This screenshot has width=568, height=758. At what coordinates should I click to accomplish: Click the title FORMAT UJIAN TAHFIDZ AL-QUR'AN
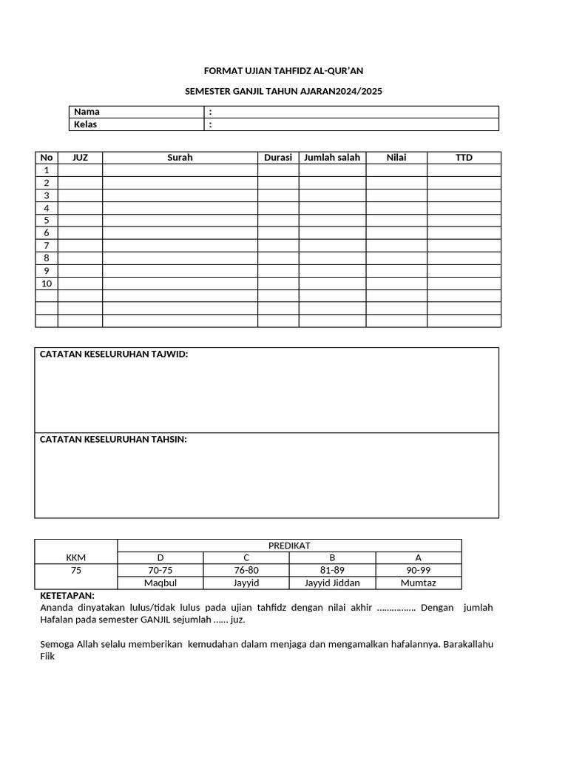(x=283, y=71)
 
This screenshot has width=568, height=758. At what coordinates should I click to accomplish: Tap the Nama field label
(x=87, y=112)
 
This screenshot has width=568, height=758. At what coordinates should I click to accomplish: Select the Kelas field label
(x=86, y=124)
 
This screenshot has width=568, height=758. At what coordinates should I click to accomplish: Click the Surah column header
(x=180, y=158)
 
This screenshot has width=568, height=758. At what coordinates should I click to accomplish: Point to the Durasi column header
(x=278, y=158)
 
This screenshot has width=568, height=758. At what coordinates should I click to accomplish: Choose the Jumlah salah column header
(x=332, y=158)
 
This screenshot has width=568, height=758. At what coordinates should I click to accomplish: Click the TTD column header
(x=464, y=158)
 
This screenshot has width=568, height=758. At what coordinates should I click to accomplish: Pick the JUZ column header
(x=80, y=158)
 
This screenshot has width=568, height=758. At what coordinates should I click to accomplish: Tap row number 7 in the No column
(x=47, y=245)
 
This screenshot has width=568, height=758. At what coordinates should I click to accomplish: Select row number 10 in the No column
(x=47, y=283)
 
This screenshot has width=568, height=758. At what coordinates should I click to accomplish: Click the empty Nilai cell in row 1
(x=396, y=170)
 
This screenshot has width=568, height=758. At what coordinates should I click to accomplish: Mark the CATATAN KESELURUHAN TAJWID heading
(x=114, y=355)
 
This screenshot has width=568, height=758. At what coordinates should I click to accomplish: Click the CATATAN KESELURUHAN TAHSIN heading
(x=113, y=440)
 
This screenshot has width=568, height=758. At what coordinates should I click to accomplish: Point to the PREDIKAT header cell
(x=289, y=546)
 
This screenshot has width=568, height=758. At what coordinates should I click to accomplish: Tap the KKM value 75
(x=76, y=571)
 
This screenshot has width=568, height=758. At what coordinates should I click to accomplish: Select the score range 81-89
(x=332, y=571)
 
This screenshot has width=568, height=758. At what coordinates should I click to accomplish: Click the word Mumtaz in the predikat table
(x=419, y=583)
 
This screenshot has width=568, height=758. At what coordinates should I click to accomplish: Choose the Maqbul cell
(x=160, y=583)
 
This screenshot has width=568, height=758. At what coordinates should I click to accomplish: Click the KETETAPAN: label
(x=67, y=595)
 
